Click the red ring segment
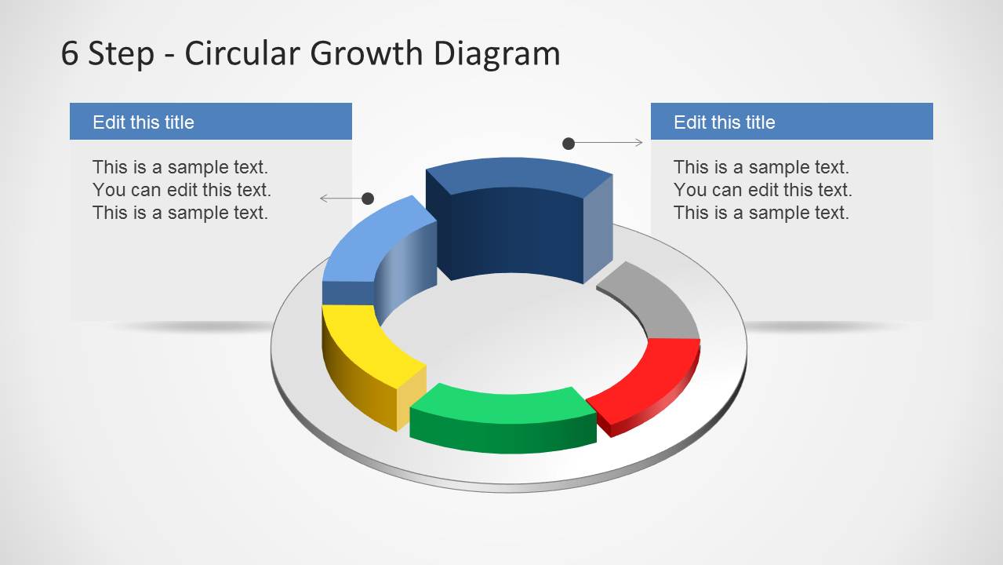pyautogui.click(x=647, y=377)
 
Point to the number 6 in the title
pyautogui.click(x=70, y=53)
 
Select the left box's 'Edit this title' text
pyautogui.click(x=144, y=122)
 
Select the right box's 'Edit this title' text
pyautogui.click(x=724, y=122)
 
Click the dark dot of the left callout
pyautogui.click(x=368, y=199)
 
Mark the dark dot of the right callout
pyautogui.click(x=569, y=143)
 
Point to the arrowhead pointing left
pyautogui.click(x=322, y=199)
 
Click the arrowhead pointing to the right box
pyautogui.click(x=639, y=143)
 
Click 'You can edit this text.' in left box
pyautogui.click(x=181, y=190)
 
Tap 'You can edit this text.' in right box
pyautogui.click(x=762, y=190)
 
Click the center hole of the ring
pyautogui.click(x=510, y=330)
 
